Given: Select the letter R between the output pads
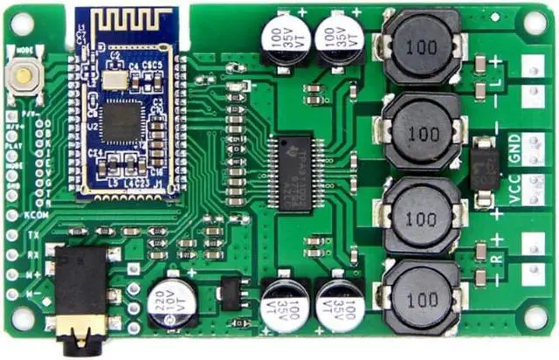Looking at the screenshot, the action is (x=497, y=258).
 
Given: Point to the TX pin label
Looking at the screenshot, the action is (x=32, y=235).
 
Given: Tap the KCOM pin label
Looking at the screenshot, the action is (x=35, y=214).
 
